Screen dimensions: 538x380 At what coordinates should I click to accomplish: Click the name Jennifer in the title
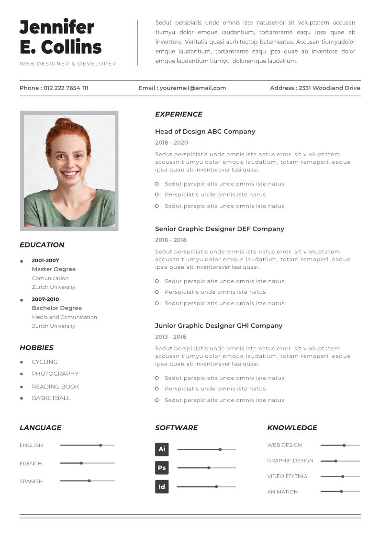tap(56, 27)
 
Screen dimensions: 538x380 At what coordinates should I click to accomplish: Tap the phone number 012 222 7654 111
tap(66, 88)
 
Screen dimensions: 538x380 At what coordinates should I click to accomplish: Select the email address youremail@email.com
tap(193, 88)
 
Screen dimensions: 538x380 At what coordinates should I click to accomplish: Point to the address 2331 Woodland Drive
tap(329, 88)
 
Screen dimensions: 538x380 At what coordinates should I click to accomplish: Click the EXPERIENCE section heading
tap(179, 114)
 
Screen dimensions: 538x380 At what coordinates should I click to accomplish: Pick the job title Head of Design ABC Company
tap(205, 132)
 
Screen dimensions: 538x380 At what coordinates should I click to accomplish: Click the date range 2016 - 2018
tap(171, 240)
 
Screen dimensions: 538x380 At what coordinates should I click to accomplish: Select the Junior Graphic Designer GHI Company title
tap(219, 326)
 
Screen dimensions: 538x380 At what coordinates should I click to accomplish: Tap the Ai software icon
tap(162, 449)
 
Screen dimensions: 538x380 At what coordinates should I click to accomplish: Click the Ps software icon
tap(162, 468)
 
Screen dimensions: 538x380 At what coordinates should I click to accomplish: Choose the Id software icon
tap(162, 487)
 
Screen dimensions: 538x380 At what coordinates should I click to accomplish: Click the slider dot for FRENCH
tap(81, 463)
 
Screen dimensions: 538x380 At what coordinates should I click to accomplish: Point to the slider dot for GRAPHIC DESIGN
tap(336, 461)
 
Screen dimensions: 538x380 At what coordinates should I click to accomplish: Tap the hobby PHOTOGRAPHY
tap(55, 374)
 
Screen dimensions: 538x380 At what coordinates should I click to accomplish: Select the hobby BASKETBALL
tap(51, 398)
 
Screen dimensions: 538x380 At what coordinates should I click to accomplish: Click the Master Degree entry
tap(54, 269)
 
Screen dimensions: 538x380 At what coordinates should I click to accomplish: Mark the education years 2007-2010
tap(45, 299)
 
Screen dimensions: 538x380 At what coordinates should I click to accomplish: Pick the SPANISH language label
tap(31, 481)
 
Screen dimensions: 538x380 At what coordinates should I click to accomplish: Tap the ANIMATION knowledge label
tap(282, 492)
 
